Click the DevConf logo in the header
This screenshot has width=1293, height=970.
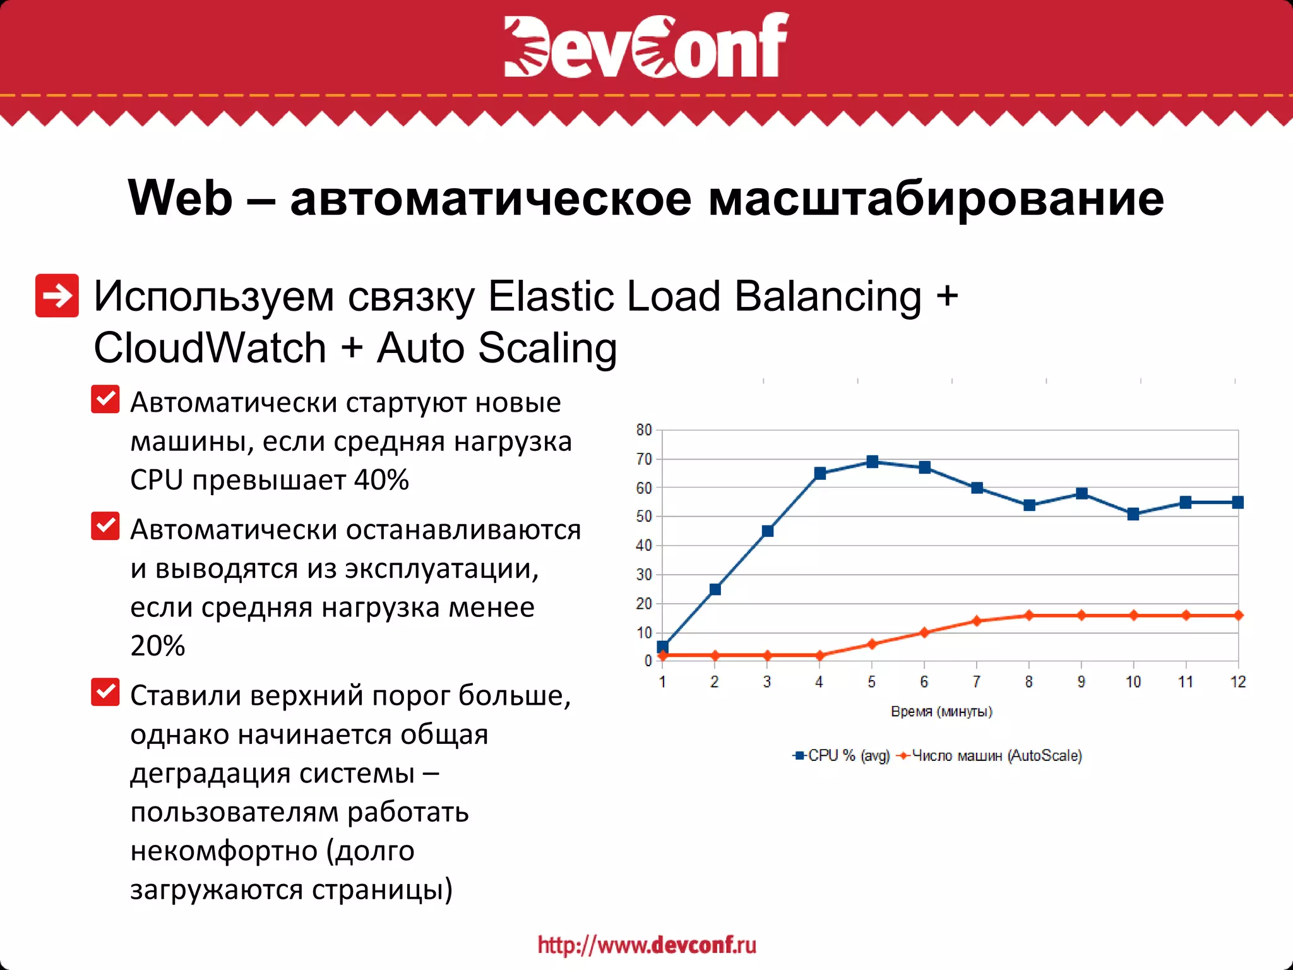click(x=646, y=45)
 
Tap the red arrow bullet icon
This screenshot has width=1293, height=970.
click(x=57, y=296)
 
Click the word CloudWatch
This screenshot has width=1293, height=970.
click(x=210, y=348)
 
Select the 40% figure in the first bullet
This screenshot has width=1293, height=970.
click(x=381, y=480)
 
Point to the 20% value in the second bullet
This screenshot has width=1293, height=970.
click(x=158, y=645)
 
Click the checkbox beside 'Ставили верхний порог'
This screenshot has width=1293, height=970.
click(x=105, y=692)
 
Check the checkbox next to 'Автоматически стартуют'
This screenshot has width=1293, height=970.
click(x=105, y=399)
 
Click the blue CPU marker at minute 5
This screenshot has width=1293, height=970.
click(x=872, y=462)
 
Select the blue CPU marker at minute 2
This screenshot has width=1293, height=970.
click(x=715, y=589)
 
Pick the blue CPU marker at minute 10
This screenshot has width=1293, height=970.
click(x=1133, y=514)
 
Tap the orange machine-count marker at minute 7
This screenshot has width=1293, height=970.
click(x=977, y=621)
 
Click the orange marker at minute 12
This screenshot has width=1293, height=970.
click(x=1238, y=615)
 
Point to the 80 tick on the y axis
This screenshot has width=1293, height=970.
click(x=644, y=430)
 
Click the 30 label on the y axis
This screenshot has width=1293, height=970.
click(x=644, y=575)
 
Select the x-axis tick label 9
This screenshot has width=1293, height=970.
click(x=1081, y=682)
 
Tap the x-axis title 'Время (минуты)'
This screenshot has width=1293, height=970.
click(x=941, y=712)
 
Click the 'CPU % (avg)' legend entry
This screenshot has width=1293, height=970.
click(x=842, y=756)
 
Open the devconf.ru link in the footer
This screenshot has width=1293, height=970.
click(x=646, y=945)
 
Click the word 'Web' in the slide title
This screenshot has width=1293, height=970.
click(x=181, y=198)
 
